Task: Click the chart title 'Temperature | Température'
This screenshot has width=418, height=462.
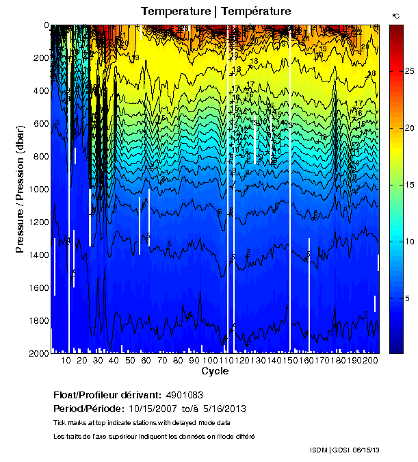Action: point(215,11)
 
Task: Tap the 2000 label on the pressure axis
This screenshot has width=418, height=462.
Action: point(38,353)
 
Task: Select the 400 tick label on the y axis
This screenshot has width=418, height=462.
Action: point(40,91)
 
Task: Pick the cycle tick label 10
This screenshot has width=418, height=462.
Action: point(66,361)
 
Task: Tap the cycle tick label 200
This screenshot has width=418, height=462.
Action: point(369,361)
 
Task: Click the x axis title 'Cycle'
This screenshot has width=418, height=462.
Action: point(215,372)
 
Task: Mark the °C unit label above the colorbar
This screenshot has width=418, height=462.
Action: point(395,15)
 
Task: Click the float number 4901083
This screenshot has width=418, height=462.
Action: point(184,395)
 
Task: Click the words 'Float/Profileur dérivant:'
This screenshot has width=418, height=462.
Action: point(107,395)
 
